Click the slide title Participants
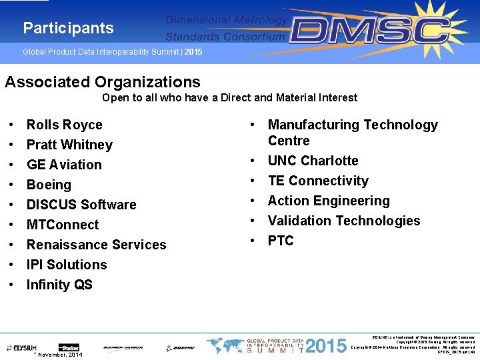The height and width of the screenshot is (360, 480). (68, 28)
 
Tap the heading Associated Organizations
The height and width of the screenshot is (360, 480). (103, 82)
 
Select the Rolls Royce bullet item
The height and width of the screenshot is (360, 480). (64, 125)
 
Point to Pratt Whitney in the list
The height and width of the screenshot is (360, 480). (69, 145)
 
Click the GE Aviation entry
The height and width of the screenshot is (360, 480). (64, 165)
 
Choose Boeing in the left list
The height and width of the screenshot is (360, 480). (49, 185)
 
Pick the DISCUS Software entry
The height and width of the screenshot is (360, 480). (81, 205)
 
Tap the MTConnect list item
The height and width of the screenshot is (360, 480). (63, 225)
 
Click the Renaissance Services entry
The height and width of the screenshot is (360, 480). (96, 245)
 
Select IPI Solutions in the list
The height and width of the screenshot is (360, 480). (67, 265)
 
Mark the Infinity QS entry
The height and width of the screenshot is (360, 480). (59, 285)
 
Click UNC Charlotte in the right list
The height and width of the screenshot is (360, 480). (313, 161)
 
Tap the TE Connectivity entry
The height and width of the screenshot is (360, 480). (318, 181)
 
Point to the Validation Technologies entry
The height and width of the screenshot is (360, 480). (344, 221)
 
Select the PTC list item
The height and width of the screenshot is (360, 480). (281, 241)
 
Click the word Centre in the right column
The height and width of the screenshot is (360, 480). (289, 141)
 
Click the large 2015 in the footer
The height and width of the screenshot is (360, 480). (327, 346)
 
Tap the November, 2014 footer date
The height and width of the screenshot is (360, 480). (60, 355)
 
